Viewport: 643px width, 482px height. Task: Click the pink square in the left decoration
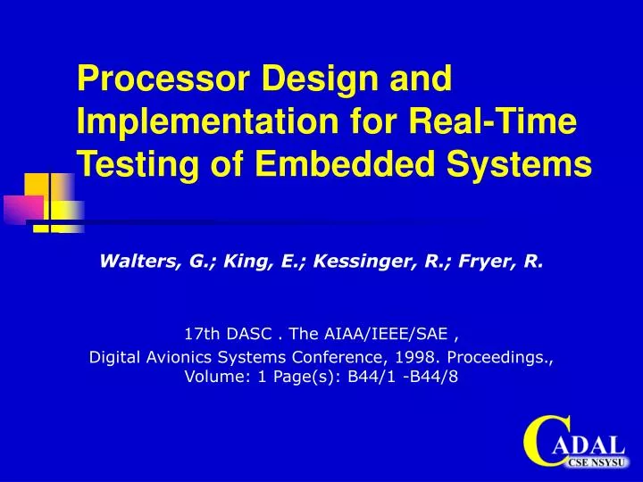point(22,208)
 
